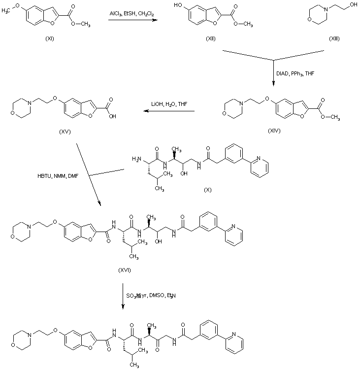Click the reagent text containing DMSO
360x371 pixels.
151,296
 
